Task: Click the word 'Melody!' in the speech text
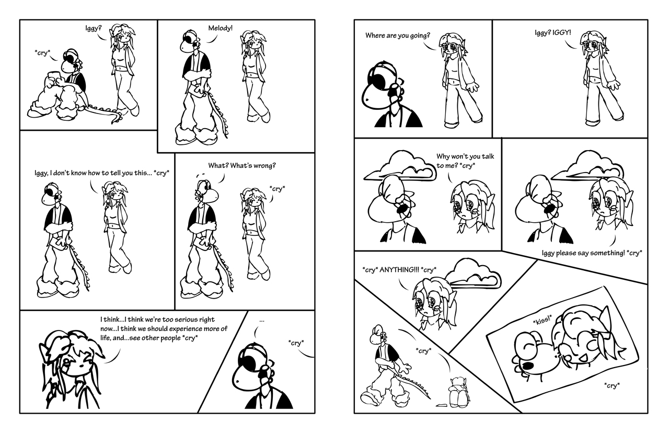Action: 220,28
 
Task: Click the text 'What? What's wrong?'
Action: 242,166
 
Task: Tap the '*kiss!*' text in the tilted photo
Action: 543,321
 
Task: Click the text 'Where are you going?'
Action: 398,36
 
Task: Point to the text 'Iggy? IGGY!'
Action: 552,32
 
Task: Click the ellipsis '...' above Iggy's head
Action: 262,321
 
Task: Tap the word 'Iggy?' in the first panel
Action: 94,28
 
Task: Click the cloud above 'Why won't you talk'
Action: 399,167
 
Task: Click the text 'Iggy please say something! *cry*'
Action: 592,253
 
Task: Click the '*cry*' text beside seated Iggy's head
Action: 42,53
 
